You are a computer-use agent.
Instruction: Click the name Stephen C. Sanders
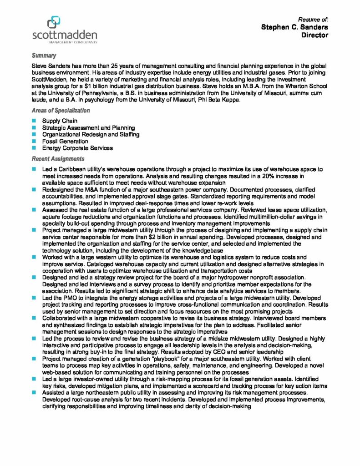[x=294, y=27]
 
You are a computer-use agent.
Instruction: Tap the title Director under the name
[x=315, y=35]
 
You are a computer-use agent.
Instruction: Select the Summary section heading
[x=44, y=56]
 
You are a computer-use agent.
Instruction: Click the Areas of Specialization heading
[x=61, y=111]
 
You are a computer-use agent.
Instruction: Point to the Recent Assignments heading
[x=58, y=159]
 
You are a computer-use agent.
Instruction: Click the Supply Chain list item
[x=60, y=121]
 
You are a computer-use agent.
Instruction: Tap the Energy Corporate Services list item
[x=77, y=148]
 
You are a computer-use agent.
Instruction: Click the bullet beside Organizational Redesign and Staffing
[x=34, y=135]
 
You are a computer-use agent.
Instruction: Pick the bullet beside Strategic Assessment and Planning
[x=34, y=128]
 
